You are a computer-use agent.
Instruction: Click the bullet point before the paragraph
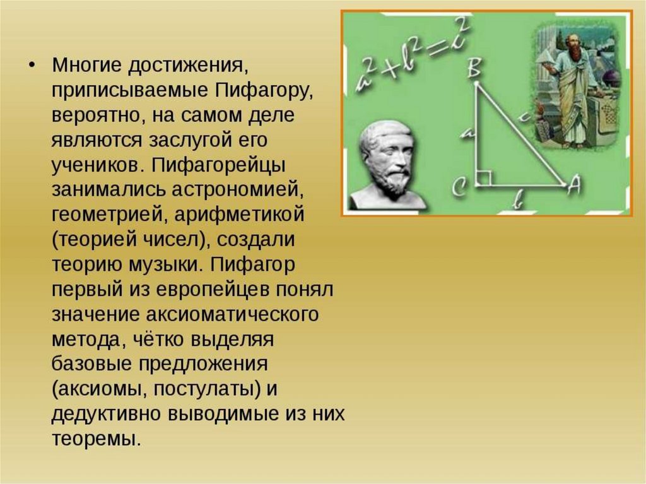[32, 66]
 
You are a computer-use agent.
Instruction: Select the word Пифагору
[264, 90]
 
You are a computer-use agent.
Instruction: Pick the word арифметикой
[239, 215]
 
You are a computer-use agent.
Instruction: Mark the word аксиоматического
[232, 314]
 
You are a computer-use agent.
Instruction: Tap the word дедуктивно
[107, 413]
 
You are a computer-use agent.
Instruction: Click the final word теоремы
[97, 439]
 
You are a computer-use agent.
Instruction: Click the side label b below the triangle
[519, 201]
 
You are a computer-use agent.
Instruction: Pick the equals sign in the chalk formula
[438, 48]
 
